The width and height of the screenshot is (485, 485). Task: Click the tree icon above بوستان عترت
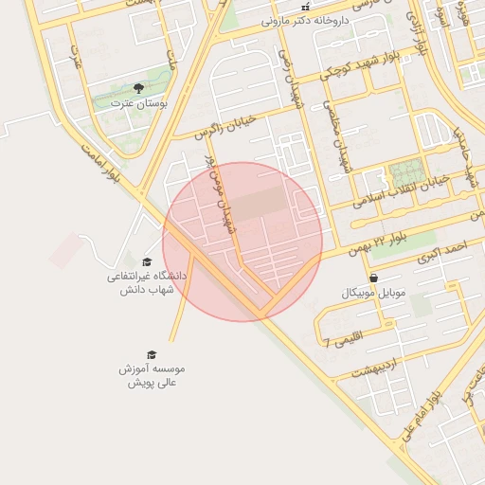click(x=139, y=88)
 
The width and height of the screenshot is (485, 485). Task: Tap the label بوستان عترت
click(x=138, y=102)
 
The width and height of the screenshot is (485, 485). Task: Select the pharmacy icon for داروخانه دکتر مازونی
click(x=305, y=6)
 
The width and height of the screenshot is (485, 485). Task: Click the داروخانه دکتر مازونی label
click(x=305, y=19)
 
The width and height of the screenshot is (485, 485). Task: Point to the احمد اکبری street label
click(x=446, y=250)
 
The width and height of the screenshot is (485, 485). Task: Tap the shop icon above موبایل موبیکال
click(x=373, y=278)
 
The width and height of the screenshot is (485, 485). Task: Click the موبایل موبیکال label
click(x=373, y=293)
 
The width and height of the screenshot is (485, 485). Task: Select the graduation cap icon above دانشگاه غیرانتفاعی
click(x=147, y=262)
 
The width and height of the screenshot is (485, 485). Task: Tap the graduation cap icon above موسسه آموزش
click(x=152, y=354)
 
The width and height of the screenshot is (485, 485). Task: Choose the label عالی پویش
click(x=153, y=382)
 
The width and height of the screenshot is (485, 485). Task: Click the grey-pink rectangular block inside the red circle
click(x=259, y=204)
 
